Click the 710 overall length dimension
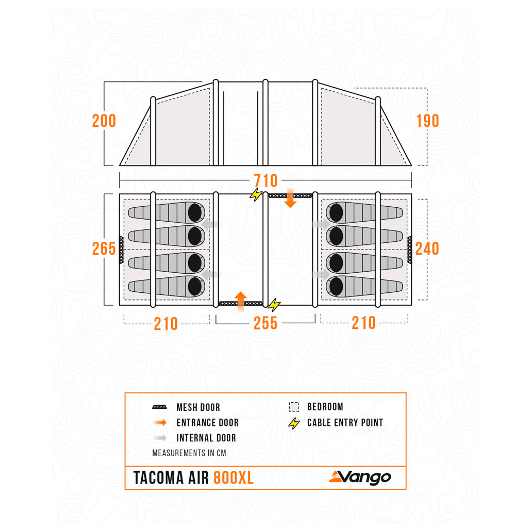[x=266, y=180]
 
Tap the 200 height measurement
[x=104, y=121]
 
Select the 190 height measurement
[x=427, y=121]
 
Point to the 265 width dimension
[x=104, y=249]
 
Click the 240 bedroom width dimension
[x=427, y=249]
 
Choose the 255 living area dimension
[x=265, y=323]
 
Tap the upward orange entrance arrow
[x=240, y=302]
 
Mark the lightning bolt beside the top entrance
[x=256, y=194]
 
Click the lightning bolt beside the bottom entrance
[x=274, y=305]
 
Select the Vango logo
[x=360, y=477]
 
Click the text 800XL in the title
[x=234, y=478]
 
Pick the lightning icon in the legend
[x=294, y=423]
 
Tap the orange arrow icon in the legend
[x=160, y=422]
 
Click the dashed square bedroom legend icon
[x=294, y=407]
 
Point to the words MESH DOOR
[x=198, y=407]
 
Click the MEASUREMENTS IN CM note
[x=189, y=453]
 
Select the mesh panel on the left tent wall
[x=121, y=250]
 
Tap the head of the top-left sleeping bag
[x=195, y=213]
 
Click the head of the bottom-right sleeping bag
[x=336, y=287]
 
